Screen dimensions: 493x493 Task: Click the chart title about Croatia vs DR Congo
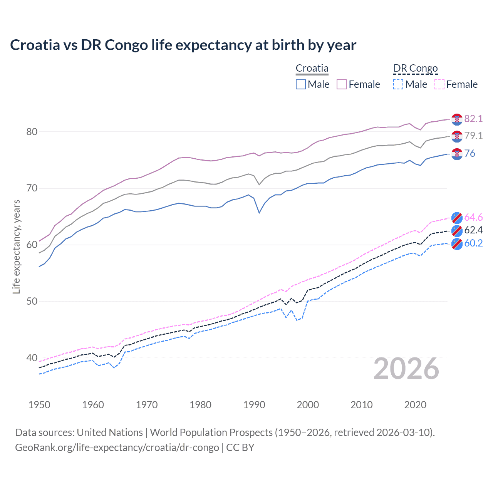[x=183, y=45]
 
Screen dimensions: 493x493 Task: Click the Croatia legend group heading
[x=312, y=68]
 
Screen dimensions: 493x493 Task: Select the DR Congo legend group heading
[x=416, y=68]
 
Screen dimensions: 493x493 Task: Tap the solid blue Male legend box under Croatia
[x=301, y=84]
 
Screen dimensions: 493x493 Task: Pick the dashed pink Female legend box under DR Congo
[x=439, y=84]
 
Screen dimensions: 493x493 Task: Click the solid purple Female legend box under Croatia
[x=342, y=84]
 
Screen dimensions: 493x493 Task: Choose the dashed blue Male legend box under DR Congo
[x=398, y=84]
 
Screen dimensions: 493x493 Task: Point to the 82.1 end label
[x=473, y=119]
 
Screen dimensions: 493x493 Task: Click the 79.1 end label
[x=473, y=136]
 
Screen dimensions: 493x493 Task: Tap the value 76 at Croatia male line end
[x=470, y=153]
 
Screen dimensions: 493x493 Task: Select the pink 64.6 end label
[x=473, y=217]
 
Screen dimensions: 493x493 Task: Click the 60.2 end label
[x=473, y=243]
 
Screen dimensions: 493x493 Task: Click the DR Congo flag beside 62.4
[x=457, y=230]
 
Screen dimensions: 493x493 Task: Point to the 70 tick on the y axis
[x=32, y=188]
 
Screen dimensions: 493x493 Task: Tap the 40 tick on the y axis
[x=32, y=358]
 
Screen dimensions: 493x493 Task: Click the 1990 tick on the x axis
[x=254, y=405]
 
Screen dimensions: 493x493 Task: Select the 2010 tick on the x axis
[x=361, y=405]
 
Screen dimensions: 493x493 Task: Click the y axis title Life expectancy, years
[x=16, y=246]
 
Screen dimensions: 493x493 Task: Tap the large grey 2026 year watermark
[x=406, y=369]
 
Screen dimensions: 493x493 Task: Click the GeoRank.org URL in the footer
[x=117, y=448]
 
